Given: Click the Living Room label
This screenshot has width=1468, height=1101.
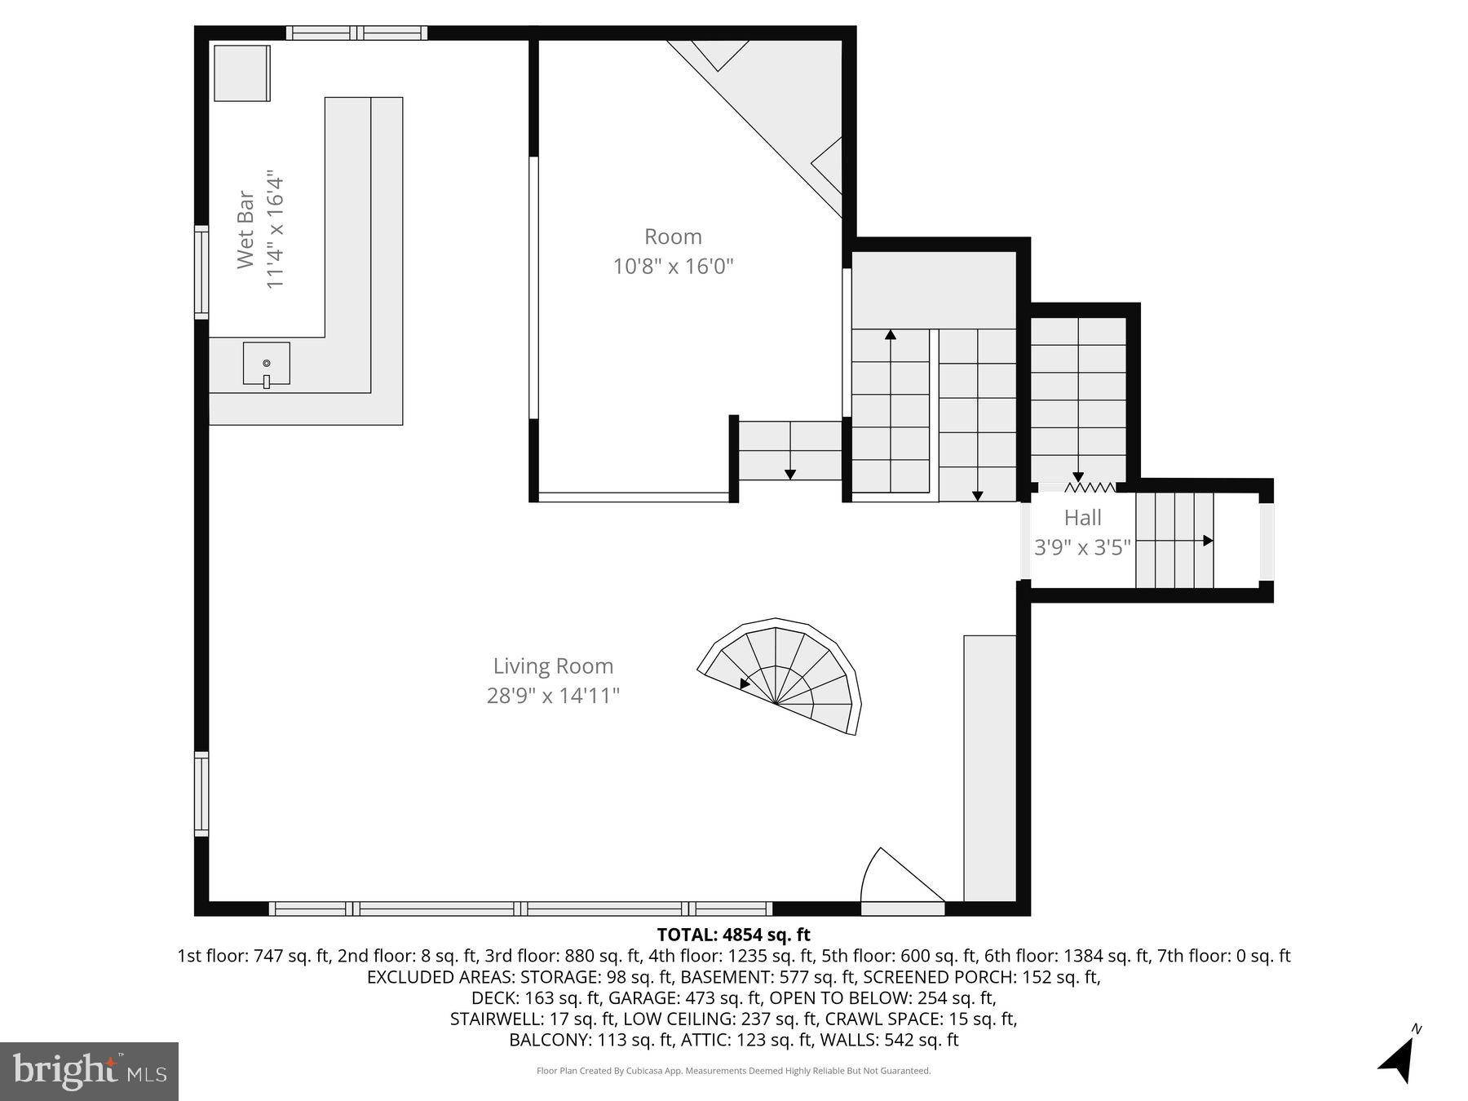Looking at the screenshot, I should tap(553, 666).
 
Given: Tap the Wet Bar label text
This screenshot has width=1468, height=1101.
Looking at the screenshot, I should tap(246, 230).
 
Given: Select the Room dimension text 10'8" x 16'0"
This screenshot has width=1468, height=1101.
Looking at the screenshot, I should tap(674, 267).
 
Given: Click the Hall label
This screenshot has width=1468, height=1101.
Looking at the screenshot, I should tap(1082, 518).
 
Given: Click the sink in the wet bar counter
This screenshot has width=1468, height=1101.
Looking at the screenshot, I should tap(267, 364).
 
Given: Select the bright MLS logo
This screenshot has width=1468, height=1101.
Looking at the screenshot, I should tap(90, 1071).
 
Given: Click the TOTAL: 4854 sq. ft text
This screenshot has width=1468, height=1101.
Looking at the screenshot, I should tap(733, 935).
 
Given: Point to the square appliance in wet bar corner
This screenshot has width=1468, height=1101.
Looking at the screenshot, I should tap(241, 73).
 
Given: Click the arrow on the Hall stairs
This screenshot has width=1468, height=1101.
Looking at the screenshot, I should tap(1208, 541).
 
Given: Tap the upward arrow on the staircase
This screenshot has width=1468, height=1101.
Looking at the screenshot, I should tap(891, 334).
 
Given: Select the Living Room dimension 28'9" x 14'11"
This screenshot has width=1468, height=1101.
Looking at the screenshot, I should tap(553, 696).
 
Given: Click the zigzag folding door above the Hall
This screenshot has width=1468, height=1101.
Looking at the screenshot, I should tap(1090, 488).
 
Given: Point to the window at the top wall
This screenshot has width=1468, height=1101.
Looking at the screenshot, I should tap(356, 33).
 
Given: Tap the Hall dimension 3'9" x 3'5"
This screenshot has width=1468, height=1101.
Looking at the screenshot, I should tap(1082, 547).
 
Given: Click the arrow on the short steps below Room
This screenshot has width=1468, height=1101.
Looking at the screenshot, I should tap(789, 474).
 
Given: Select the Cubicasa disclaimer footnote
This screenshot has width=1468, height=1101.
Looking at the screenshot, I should tap(733, 1071).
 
